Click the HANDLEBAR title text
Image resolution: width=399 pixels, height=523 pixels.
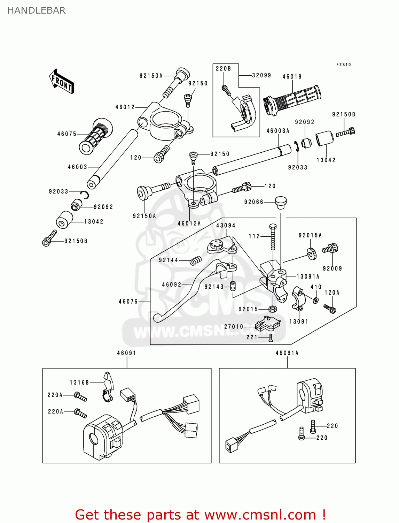[36, 10]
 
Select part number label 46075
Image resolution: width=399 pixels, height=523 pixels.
[66, 134]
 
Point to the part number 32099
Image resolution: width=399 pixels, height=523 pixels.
[261, 75]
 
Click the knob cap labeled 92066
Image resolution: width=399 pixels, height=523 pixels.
[281, 202]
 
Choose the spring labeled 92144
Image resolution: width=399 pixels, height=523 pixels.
[196, 260]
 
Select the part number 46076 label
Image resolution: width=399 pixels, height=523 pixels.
[128, 302]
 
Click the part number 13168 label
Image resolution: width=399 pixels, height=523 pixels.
[79, 382]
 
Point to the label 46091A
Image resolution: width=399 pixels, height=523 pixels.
[287, 353]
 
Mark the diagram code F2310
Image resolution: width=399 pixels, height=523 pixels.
[343, 65]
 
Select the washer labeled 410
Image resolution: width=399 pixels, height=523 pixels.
[315, 300]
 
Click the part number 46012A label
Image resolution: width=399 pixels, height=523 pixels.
[189, 223]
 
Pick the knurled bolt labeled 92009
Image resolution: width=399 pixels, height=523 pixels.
[330, 249]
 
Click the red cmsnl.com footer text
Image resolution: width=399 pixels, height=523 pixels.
[200, 515]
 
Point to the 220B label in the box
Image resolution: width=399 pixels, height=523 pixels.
[223, 69]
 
